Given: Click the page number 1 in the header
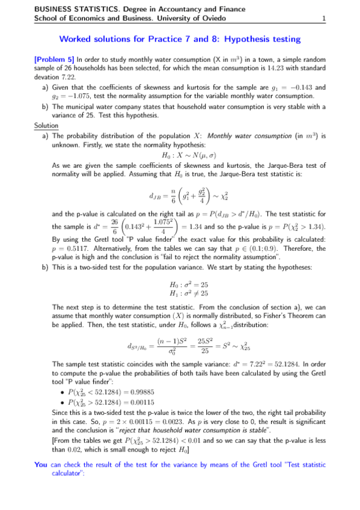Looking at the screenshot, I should (x=324, y=19).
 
